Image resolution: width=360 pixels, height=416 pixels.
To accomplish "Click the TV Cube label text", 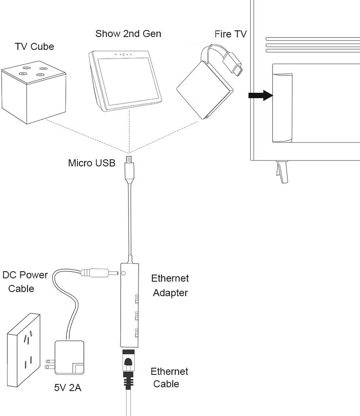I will point(35,46).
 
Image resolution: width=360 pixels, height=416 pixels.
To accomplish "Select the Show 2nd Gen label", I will point(128,34).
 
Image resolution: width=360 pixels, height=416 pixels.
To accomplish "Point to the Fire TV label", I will point(231,34).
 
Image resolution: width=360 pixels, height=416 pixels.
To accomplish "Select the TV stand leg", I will point(282,171).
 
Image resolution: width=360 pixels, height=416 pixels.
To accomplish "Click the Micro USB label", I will point(92,163).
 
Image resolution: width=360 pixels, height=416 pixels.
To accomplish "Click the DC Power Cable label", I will point(25,282).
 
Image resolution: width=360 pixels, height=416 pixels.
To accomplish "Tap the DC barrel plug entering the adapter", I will point(98,273).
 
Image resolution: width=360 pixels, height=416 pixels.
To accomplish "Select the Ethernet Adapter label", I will point(170,285).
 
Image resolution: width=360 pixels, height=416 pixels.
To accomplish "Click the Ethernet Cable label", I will point(169,377).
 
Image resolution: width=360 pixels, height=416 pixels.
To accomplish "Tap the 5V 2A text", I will point(67,388).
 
